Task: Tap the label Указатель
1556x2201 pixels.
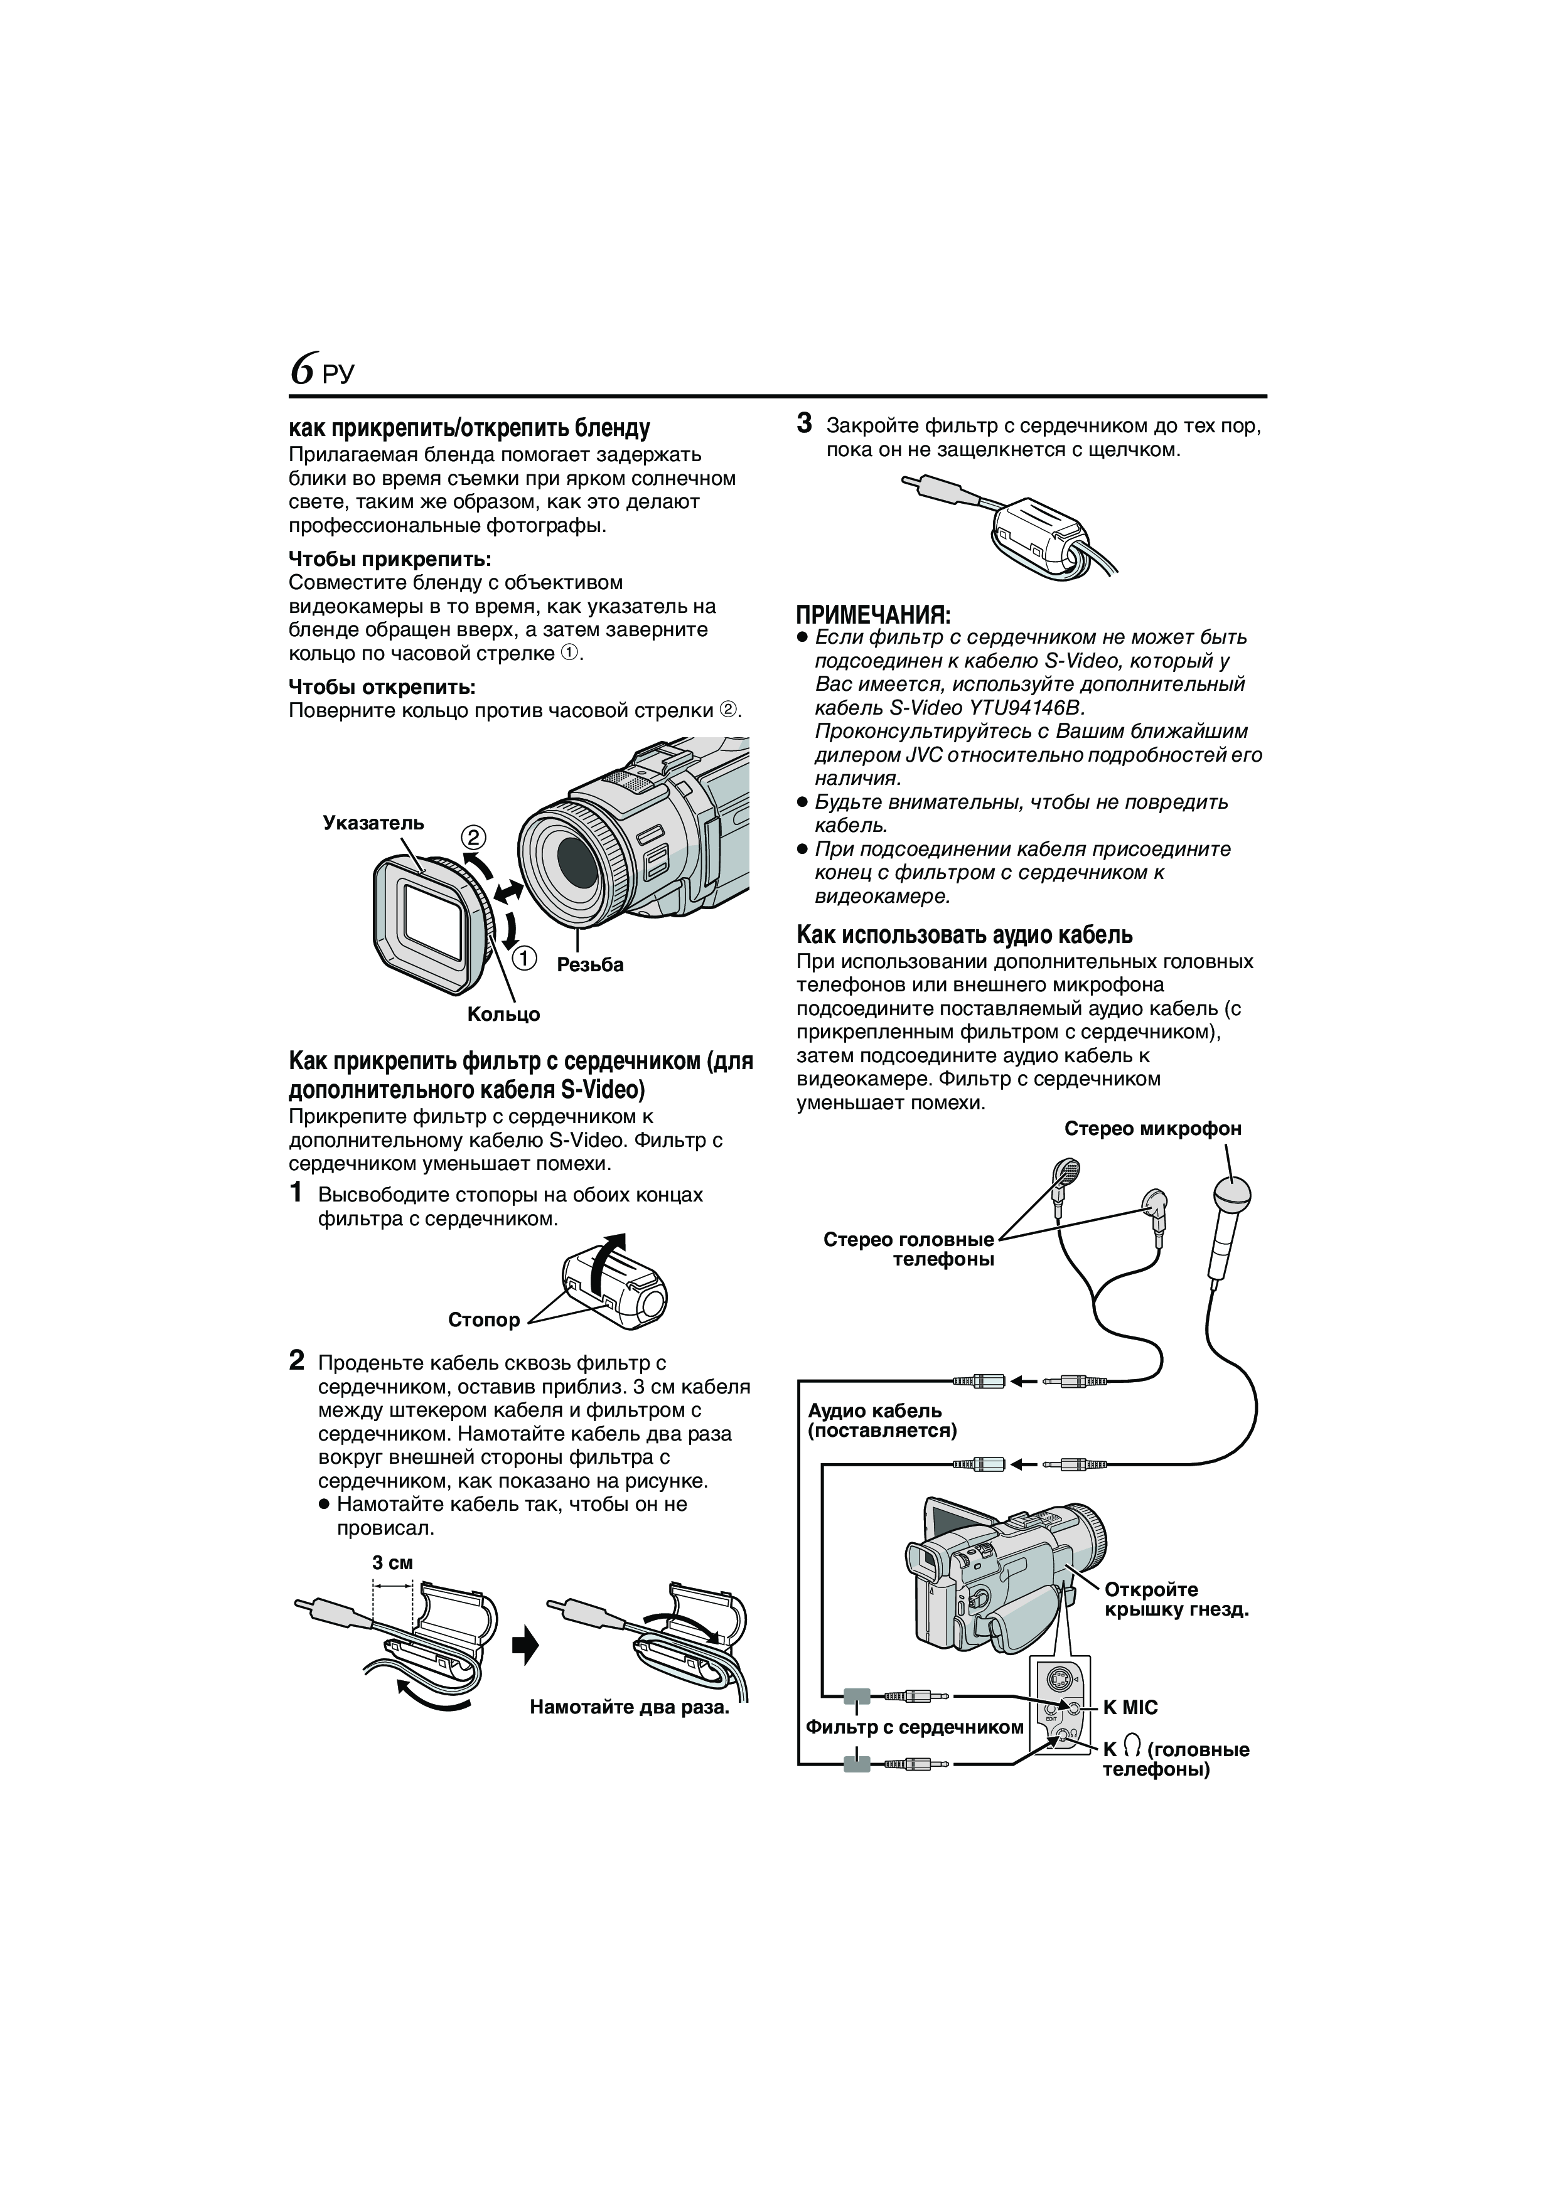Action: click(x=373, y=823)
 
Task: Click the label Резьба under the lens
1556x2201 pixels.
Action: click(x=589, y=964)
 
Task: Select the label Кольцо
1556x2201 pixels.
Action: click(x=503, y=1014)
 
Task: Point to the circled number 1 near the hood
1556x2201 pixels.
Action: click(x=523, y=957)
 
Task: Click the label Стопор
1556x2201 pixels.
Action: click(x=483, y=1319)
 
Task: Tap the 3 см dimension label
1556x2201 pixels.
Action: click(x=392, y=1562)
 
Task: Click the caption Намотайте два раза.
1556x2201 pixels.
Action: click(x=629, y=1707)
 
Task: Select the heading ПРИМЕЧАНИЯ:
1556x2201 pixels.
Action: click(x=873, y=614)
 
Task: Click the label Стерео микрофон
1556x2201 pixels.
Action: click(x=1152, y=1128)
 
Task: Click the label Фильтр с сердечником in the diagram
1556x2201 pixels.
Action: click(x=915, y=1727)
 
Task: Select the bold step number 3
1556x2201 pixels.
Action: click(x=805, y=423)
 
